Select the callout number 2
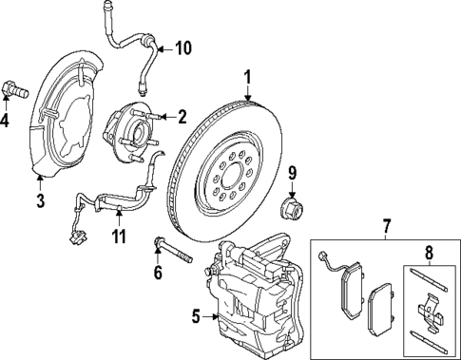(182, 117)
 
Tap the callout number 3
(40, 199)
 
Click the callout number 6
(159, 272)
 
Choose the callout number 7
(386, 226)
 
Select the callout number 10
(183, 47)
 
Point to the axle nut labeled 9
(290, 205)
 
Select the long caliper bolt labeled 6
(172, 255)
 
